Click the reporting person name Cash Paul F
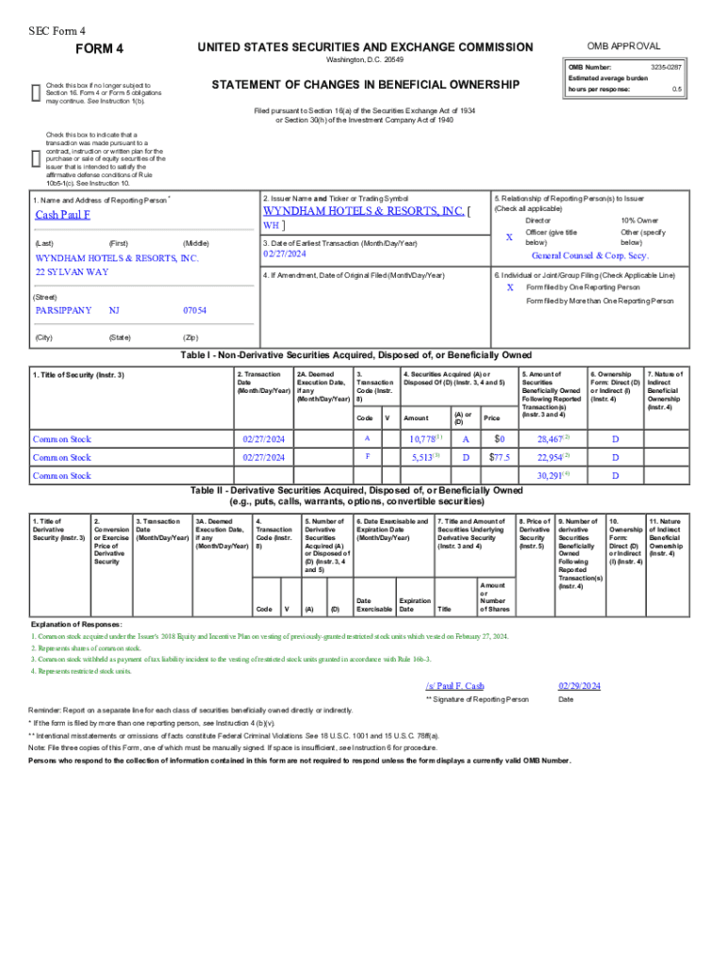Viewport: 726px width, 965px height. pyautogui.click(x=63, y=215)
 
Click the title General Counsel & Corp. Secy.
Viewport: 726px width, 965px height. pyautogui.click(x=589, y=255)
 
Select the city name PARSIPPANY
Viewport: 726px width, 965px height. pyautogui.click(x=63, y=310)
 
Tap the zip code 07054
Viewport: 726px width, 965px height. pyautogui.click(x=195, y=310)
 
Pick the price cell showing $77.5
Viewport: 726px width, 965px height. pyautogui.click(x=499, y=457)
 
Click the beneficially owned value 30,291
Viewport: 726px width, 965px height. pyautogui.click(x=551, y=475)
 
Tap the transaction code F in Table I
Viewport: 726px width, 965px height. pyautogui.click(x=367, y=457)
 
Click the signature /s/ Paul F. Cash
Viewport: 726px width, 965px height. pyautogui.click(x=454, y=685)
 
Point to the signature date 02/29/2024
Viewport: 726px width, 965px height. pyautogui.click(x=579, y=685)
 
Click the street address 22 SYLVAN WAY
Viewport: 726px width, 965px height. pyautogui.click(x=72, y=271)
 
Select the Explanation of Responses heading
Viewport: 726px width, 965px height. pyautogui.click(x=76, y=625)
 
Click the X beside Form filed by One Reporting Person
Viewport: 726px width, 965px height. pyautogui.click(x=510, y=286)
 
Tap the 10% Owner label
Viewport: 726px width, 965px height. pyautogui.click(x=638, y=220)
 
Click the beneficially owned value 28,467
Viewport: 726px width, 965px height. pyautogui.click(x=551, y=439)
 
